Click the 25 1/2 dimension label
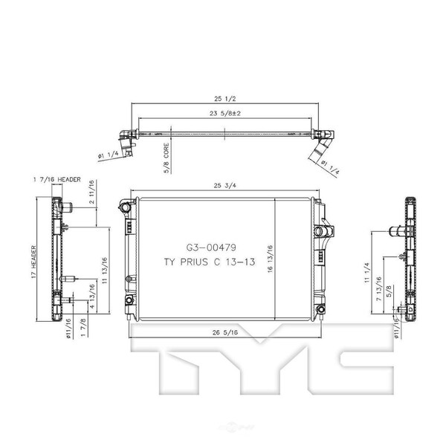[225, 99]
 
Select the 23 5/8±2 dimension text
[225, 113]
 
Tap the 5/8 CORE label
[167, 158]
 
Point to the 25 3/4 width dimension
[225, 185]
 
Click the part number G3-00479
[211, 248]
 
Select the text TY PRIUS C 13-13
[210, 262]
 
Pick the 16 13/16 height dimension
[270, 259]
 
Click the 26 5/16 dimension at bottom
[225, 332]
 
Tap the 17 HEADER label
[34, 262]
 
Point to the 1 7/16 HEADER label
[57, 179]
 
